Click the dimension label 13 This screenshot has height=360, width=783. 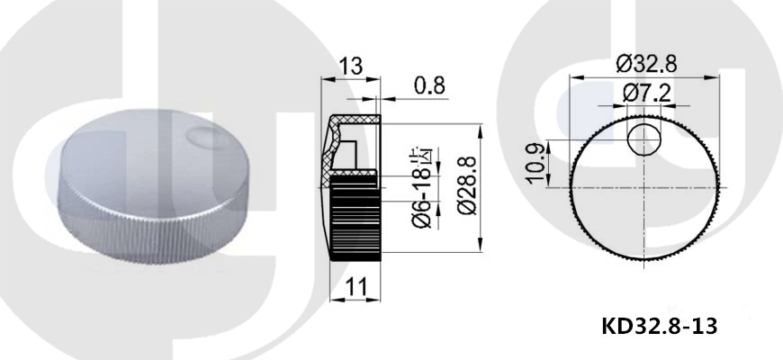pos(351,67)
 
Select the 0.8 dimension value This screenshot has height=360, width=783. pos(429,85)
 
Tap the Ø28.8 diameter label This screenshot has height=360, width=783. pos(467,185)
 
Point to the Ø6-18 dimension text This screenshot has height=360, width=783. pos(421,194)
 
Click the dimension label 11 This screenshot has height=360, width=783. pos(356,287)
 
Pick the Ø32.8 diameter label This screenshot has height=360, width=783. pos(646,64)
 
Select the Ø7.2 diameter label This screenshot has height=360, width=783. pos(647,94)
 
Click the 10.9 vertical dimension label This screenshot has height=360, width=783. pos(536,163)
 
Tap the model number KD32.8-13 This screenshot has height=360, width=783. pos(660,327)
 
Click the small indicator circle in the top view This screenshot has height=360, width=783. pos(644,139)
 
